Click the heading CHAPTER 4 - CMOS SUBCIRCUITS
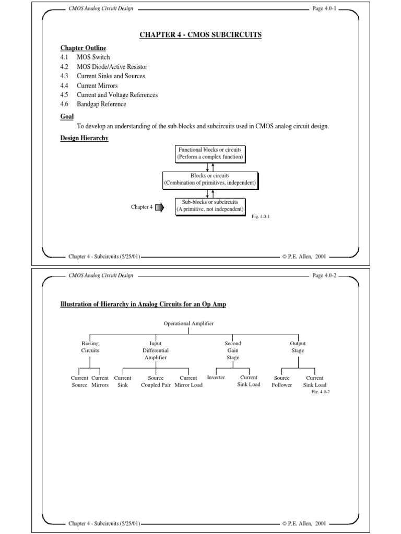[x=200, y=35]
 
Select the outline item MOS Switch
[x=93, y=57]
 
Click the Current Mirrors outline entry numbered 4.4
[x=97, y=86]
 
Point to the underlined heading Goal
[x=67, y=117]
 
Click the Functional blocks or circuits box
[x=210, y=153]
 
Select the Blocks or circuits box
[x=210, y=180]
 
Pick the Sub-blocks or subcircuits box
[x=210, y=206]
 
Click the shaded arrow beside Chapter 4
[x=159, y=208]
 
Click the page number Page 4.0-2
[x=325, y=275]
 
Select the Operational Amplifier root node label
[x=188, y=324]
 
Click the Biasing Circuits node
[x=90, y=347]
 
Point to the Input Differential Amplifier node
[x=156, y=350]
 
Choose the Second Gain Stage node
[x=233, y=350]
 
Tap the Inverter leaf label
[x=216, y=378]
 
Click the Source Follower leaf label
[x=282, y=381]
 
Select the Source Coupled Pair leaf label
[x=156, y=381]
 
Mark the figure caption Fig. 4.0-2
[x=320, y=391]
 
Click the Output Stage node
[x=298, y=347]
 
